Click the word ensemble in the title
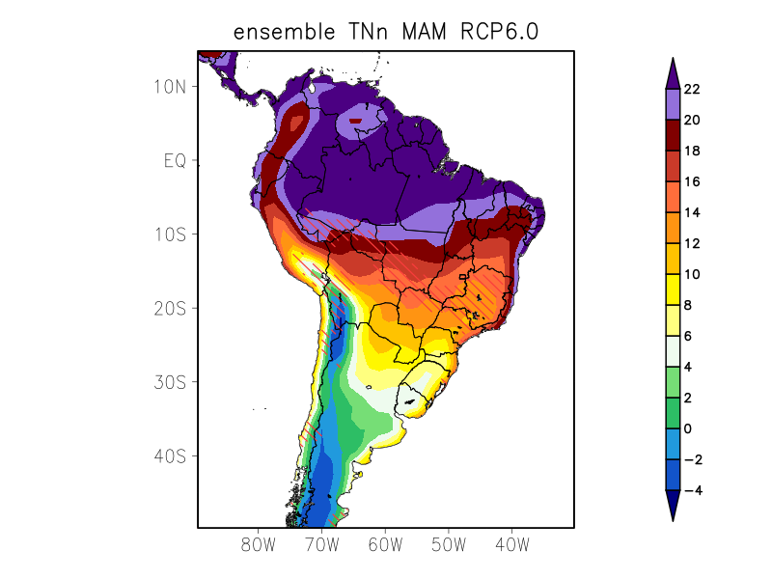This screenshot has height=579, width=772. click(280, 32)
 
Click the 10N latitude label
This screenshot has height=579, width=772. click(169, 86)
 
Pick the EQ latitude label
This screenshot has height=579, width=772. click(174, 160)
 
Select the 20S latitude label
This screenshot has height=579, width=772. click(169, 308)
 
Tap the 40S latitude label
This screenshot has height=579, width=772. click(169, 455)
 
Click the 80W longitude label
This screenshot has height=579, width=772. click(258, 544)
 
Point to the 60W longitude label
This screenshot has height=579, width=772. click(384, 544)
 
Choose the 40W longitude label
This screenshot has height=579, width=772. click(511, 544)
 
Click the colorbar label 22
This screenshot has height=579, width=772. click(691, 89)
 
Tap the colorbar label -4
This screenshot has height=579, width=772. click(691, 490)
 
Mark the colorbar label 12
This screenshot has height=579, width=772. click(691, 243)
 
